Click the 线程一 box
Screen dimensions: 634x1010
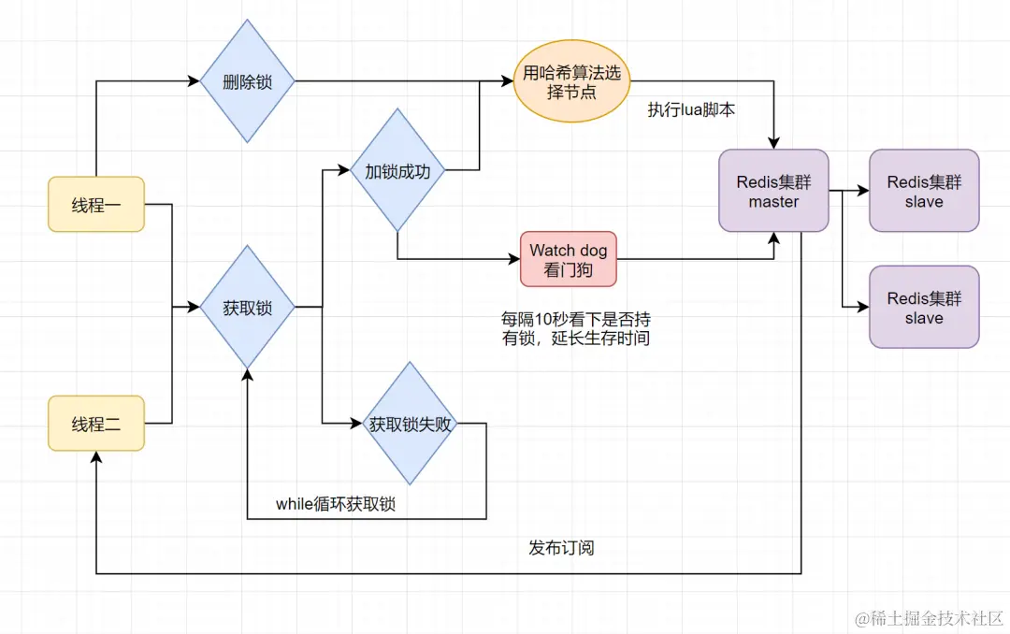click(96, 204)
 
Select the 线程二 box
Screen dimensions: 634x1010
click(96, 424)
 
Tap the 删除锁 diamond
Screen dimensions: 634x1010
click(248, 81)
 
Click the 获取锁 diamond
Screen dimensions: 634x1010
click(248, 306)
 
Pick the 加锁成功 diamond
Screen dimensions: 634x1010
click(397, 171)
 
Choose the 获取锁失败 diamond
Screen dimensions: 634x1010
click(410, 424)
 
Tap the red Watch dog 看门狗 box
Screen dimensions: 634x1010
click(569, 259)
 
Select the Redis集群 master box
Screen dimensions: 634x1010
click(773, 190)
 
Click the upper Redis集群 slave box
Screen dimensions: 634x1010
click(924, 190)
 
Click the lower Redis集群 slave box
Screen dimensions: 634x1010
click(924, 307)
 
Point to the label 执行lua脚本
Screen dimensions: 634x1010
click(691, 109)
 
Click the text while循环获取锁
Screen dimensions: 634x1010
click(336, 504)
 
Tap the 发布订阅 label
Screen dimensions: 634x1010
click(561, 547)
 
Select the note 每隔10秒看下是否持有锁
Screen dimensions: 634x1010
click(576, 329)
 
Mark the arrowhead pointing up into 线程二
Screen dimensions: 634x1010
click(96, 456)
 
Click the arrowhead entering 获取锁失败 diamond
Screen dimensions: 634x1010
click(356, 424)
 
